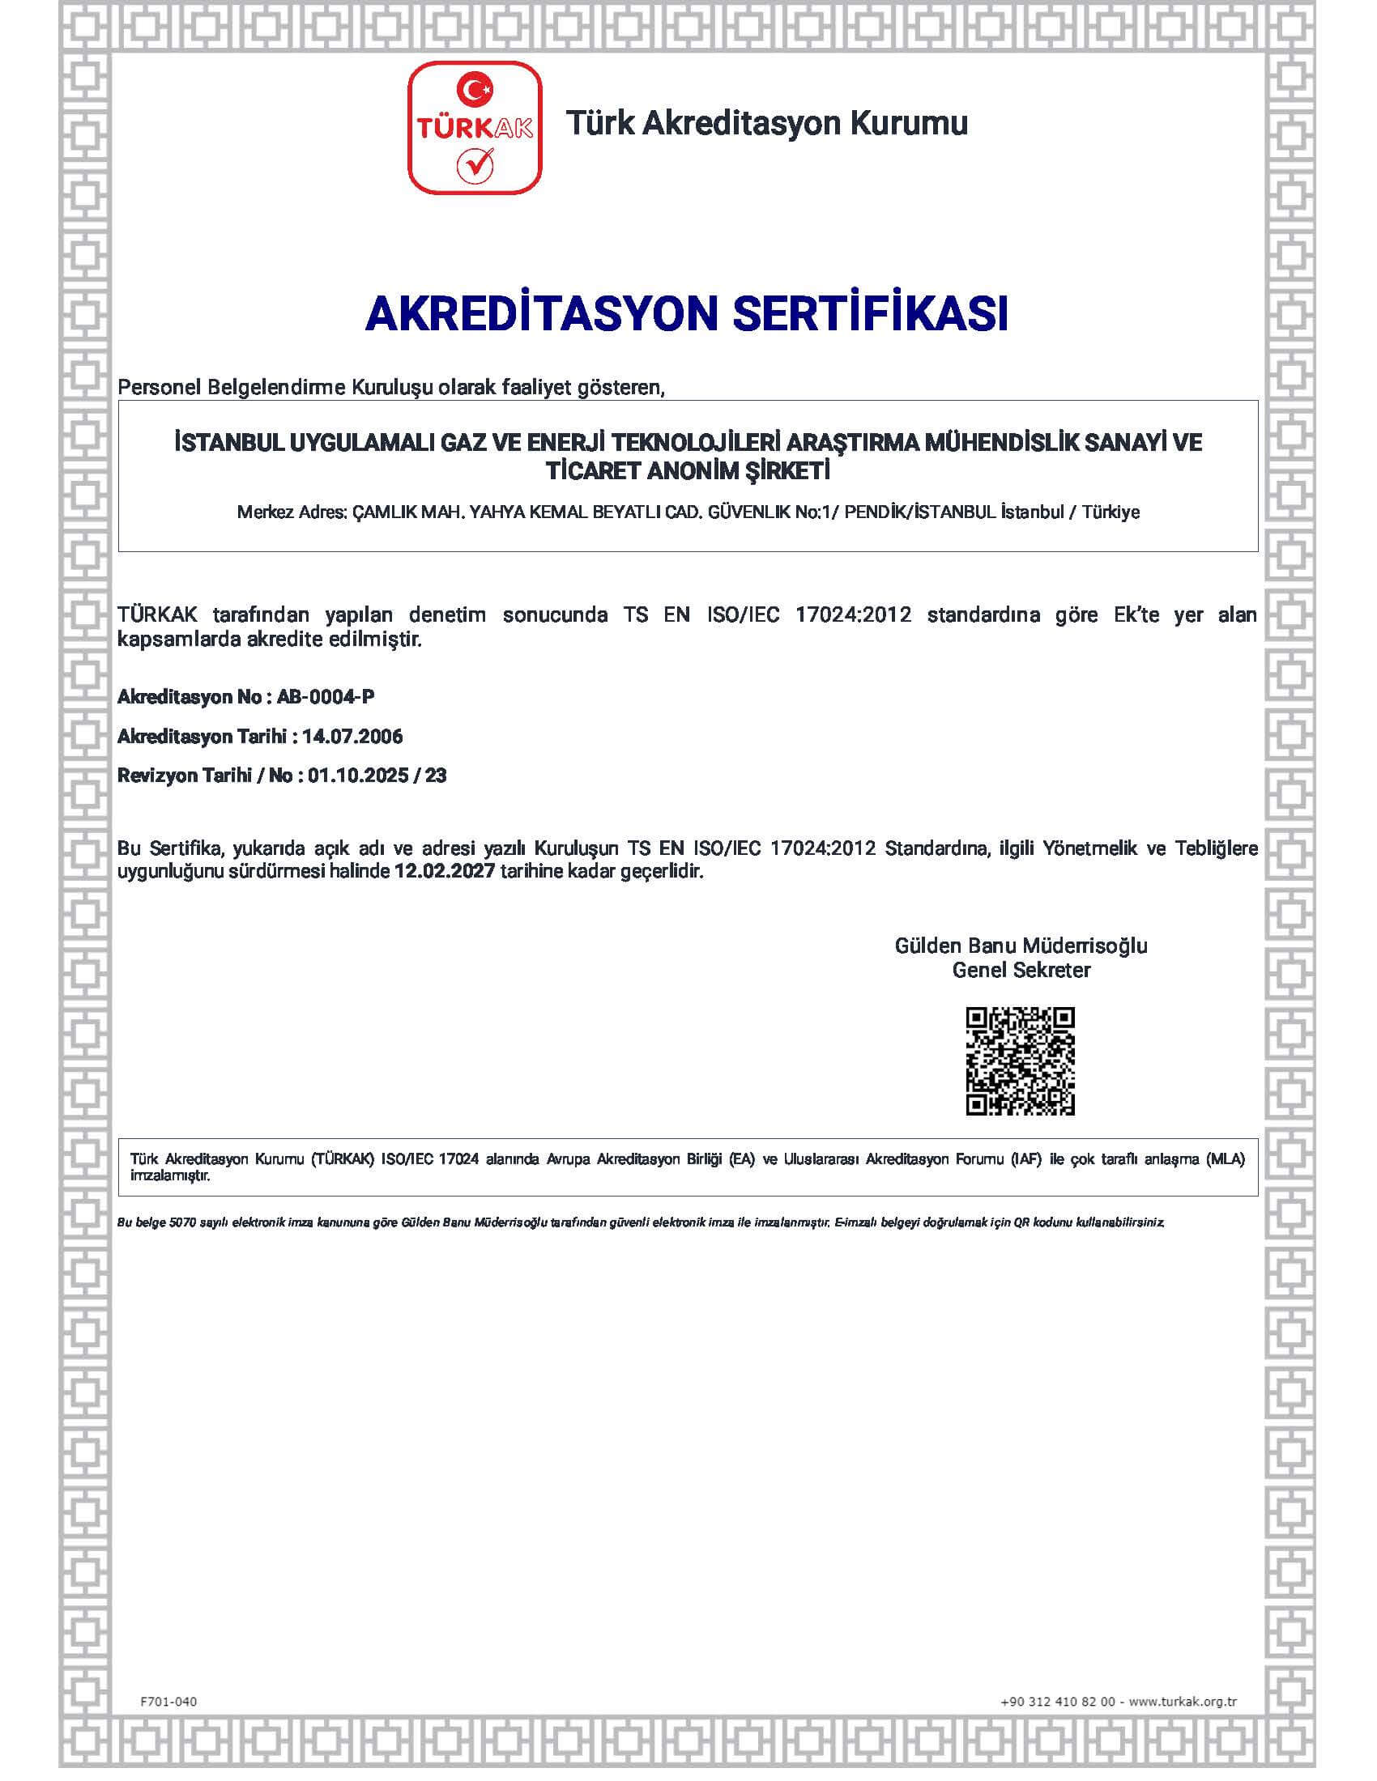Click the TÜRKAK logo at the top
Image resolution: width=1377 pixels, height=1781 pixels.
point(474,128)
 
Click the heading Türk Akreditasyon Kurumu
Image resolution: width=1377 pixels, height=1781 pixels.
point(766,123)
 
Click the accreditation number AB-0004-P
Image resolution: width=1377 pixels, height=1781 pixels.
point(326,697)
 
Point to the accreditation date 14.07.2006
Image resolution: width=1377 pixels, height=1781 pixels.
point(352,737)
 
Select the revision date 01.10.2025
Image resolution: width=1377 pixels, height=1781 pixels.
point(358,776)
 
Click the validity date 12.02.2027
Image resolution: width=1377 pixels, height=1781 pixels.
point(445,871)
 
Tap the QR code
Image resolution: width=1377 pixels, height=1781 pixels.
point(1020,1061)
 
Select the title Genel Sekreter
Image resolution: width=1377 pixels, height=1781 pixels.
point(1021,971)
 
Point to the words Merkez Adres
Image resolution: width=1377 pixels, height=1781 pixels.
point(292,513)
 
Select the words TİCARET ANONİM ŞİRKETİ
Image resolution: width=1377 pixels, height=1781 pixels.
point(688,471)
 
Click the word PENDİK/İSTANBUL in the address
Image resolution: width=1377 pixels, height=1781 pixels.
point(919,513)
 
